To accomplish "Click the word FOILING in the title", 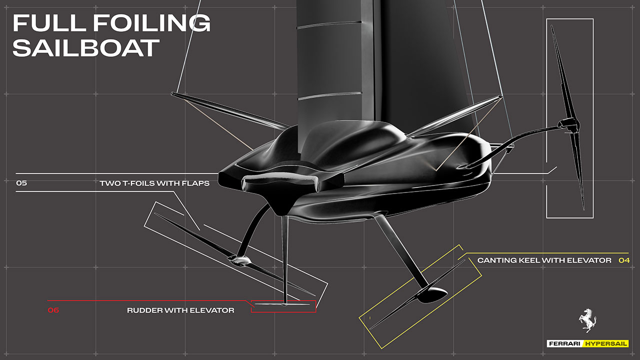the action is [x=152, y=23].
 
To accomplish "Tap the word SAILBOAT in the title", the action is [x=85, y=47].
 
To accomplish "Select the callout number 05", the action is [x=21, y=183].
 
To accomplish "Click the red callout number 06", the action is [x=53, y=310].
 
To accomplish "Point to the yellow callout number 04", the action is [x=624, y=260].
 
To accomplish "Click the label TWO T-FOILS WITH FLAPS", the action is [x=154, y=183].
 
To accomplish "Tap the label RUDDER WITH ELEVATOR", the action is [x=180, y=310].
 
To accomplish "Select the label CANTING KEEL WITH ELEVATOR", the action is [x=544, y=260].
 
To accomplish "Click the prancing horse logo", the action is [x=587, y=320].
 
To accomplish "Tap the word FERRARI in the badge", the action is [x=564, y=343].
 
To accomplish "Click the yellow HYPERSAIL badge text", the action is [x=606, y=343].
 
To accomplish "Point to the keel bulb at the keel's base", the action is [x=432, y=295].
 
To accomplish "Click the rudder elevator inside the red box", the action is [x=282, y=304].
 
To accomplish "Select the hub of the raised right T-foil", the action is [x=569, y=125].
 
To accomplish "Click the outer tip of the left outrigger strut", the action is [x=172, y=93].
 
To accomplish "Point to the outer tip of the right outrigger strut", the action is [x=500, y=97].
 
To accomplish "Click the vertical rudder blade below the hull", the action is [x=284, y=260].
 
